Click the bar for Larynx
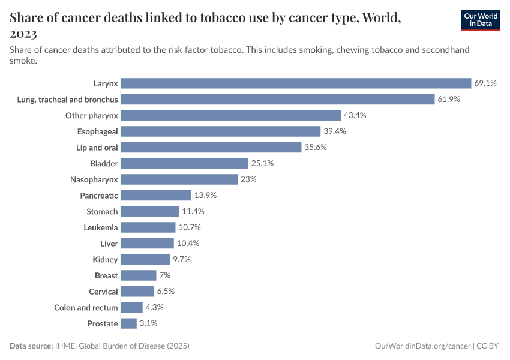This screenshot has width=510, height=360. pyautogui.click(x=296, y=83)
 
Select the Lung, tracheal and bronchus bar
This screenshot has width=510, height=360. pyautogui.click(x=277, y=100)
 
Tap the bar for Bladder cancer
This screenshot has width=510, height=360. pyautogui.click(x=184, y=163)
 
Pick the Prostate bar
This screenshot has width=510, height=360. pyautogui.click(x=129, y=323)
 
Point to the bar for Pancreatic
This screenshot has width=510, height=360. pyautogui.click(x=156, y=196)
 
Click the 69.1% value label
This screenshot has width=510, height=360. pyautogui.click(x=485, y=83)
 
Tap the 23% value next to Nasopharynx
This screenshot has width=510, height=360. pyautogui.click(x=248, y=179)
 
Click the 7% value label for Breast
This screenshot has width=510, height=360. pyautogui.click(x=165, y=275)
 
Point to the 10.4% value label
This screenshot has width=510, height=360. pyautogui.click(x=188, y=244)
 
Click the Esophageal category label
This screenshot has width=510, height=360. pyautogui.click(x=97, y=131)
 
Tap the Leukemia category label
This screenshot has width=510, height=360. pyautogui.click(x=101, y=227)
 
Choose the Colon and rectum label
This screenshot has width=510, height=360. pyautogui.click(x=86, y=308)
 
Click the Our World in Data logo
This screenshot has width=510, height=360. pyautogui.click(x=480, y=20)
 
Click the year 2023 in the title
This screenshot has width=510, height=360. pyautogui.click(x=23, y=34)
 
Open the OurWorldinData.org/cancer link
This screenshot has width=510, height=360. pyautogui.click(x=422, y=346)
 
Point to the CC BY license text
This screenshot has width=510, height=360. pyautogui.click(x=488, y=346)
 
